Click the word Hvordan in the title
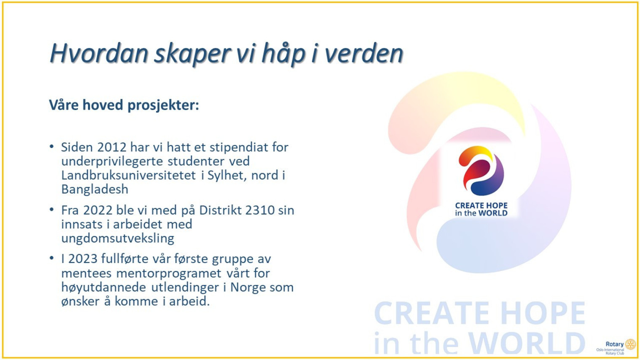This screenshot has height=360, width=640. [99, 54]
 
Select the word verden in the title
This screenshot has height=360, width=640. [364, 54]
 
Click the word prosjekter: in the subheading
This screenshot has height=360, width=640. [163, 105]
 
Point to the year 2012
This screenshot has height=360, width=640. [112, 147]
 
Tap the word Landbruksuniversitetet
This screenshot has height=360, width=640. [129, 175]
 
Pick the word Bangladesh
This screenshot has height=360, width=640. [95, 189]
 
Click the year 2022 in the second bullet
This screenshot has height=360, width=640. [98, 210]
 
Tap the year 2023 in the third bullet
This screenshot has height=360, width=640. [83, 259]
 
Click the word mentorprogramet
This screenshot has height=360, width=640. [169, 274]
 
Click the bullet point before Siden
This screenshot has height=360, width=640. [52, 147]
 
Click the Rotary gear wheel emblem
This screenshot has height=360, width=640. [630, 344]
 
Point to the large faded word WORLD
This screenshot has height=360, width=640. [527, 343]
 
